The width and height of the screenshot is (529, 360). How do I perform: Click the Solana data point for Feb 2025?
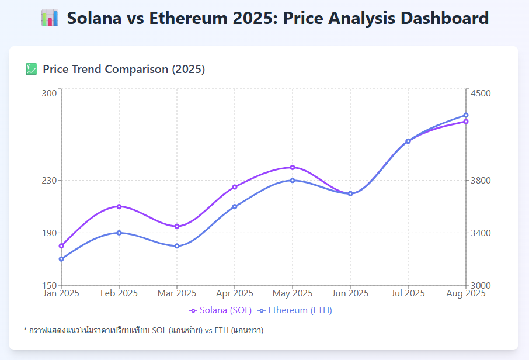pos(119,206)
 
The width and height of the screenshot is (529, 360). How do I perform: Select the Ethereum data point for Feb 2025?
pos(119,233)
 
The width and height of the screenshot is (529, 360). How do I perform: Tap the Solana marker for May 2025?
pos(293,167)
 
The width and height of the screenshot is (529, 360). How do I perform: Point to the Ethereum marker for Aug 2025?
pos(466,115)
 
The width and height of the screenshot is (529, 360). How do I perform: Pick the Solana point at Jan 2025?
pos(61,245)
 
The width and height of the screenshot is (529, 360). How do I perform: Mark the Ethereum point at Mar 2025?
pos(177,246)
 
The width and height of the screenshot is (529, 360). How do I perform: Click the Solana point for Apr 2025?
pos(235,187)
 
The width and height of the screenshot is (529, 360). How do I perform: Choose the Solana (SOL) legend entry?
pos(221,310)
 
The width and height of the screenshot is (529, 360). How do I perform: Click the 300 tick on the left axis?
pos(50,93)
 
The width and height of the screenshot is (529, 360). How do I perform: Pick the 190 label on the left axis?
pos(50,233)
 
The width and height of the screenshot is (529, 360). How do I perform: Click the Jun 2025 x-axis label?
pos(350,293)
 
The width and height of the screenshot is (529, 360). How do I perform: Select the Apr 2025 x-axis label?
pos(235,293)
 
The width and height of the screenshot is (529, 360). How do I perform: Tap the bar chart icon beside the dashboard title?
pos(50,18)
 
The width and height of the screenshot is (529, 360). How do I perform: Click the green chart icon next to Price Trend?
pos(32,70)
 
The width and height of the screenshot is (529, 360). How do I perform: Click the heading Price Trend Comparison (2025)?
pos(124,70)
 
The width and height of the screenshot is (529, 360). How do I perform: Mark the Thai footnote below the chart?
pos(143,331)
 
